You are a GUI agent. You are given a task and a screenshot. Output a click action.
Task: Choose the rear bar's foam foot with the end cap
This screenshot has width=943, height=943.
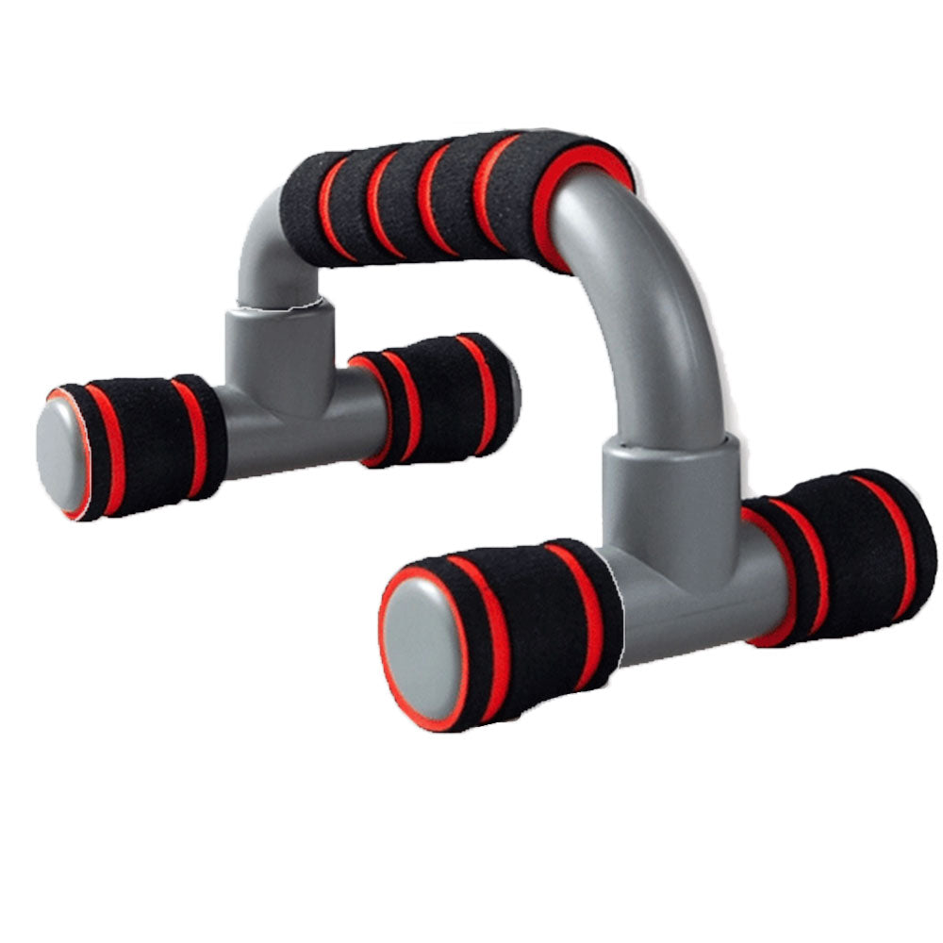pyautogui.click(x=141, y=438)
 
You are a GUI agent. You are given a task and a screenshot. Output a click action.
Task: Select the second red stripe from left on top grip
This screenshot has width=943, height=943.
pyautogui.click(x=382, y=203)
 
